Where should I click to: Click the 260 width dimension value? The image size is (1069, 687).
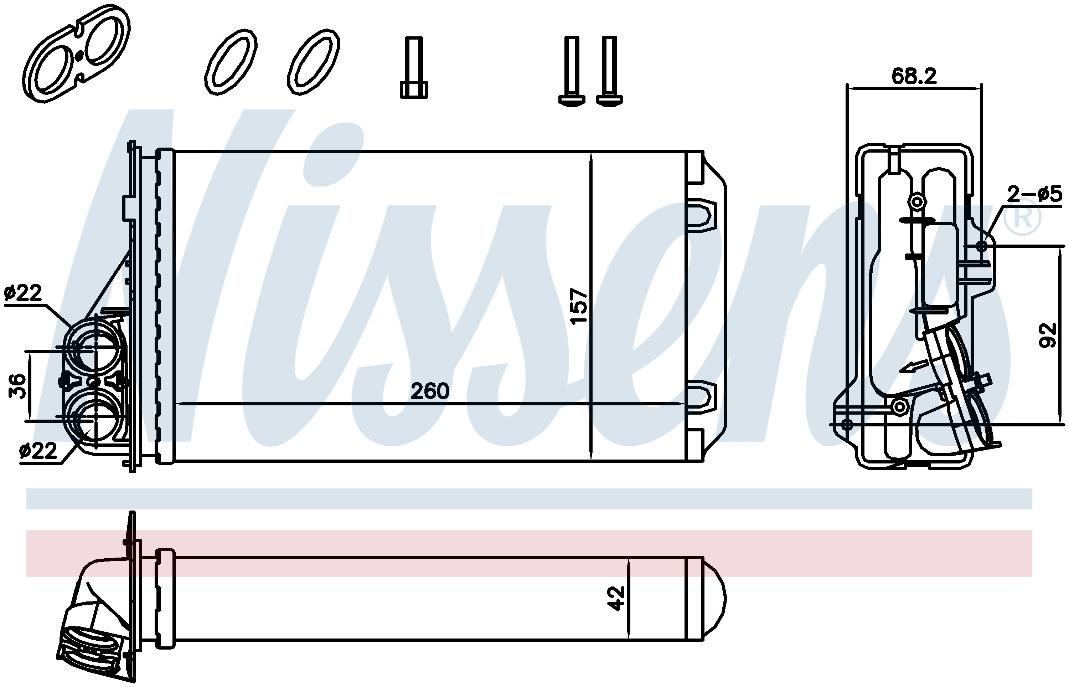(429, 391)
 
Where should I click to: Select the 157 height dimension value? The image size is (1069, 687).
(579, 307)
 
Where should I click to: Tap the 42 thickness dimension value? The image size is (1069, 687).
(616, 599)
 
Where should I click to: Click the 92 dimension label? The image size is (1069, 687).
(1048, 335)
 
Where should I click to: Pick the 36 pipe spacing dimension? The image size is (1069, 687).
(18, 385)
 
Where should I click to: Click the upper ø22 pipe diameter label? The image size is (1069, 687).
(23, 293)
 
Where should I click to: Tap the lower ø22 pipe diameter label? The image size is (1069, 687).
(38, 451)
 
